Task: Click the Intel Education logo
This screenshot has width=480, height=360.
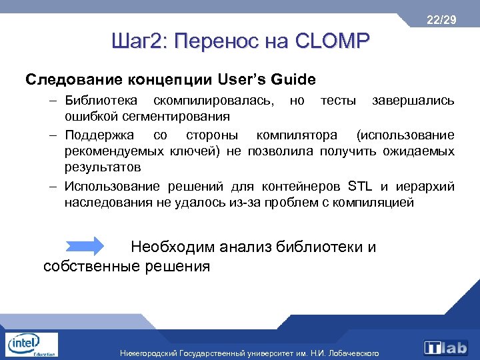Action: click(x=31, y=346)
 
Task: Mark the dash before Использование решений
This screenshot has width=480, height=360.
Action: click(x=52, y=185)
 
